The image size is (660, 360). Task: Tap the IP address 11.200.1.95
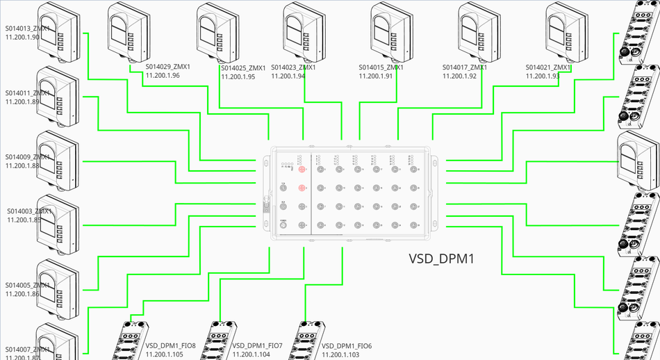point(238,77)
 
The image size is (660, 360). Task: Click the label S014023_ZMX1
point(293,67)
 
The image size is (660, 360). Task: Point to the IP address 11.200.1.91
point(376,76)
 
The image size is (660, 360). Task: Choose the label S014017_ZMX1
point(465,67)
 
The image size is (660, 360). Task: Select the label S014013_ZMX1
point(27,28)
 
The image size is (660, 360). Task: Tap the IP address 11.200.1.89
point(22,101)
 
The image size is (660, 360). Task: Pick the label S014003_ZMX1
point(29,211)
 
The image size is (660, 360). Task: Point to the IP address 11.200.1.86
point(22,295)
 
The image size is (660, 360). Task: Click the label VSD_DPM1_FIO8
point(171,345)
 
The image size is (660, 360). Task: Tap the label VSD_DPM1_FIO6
point(347,345)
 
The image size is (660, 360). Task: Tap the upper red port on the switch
point(302,170)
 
